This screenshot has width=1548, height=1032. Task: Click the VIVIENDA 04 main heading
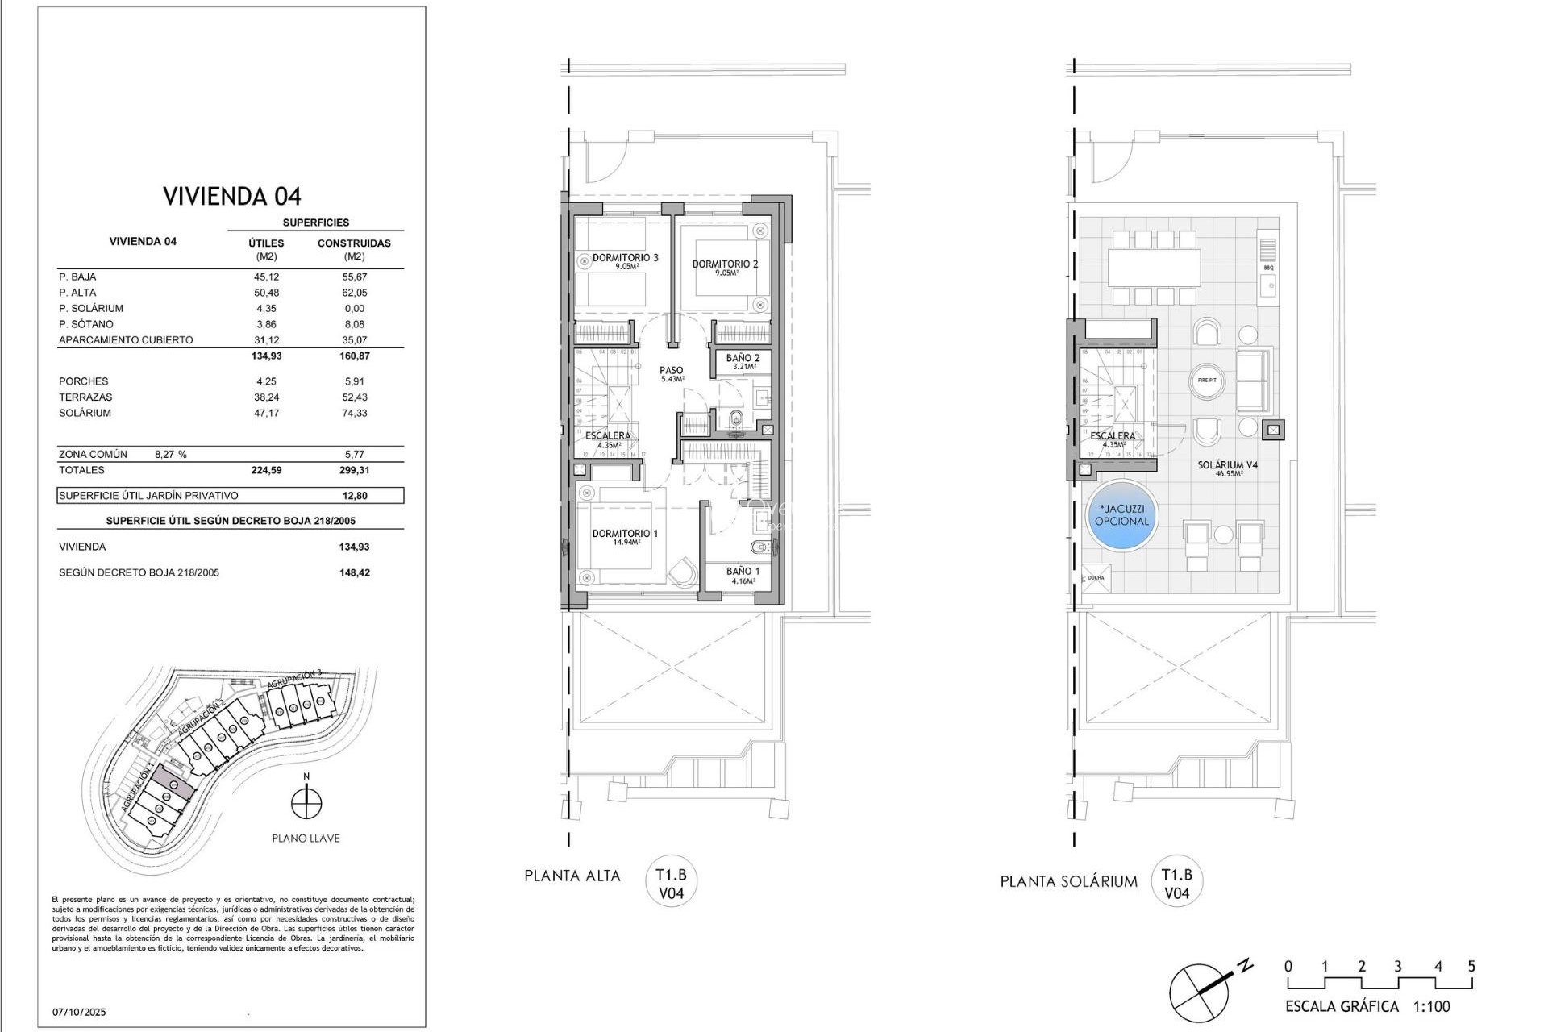231,196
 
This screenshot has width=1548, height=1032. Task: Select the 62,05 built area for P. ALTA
354,293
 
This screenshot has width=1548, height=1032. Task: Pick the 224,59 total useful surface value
266,470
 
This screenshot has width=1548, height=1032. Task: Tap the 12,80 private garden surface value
354,496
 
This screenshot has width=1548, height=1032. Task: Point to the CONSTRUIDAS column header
354,243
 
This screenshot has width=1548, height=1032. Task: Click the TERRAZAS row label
85,397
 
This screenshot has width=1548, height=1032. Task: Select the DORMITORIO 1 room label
626,534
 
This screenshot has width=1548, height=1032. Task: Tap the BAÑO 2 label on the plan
742,358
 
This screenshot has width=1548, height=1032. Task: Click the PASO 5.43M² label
671,374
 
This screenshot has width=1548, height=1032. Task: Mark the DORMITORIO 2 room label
725,264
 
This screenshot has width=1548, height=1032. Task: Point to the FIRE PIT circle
1207,380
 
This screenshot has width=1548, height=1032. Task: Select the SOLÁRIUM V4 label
1227,466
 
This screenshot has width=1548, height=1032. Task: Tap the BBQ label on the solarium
1268,267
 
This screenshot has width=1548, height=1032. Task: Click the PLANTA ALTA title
572,876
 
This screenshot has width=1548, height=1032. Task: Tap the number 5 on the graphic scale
1471,966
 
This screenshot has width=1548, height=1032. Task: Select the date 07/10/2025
79,1012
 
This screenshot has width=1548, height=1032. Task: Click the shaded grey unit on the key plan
173,780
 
